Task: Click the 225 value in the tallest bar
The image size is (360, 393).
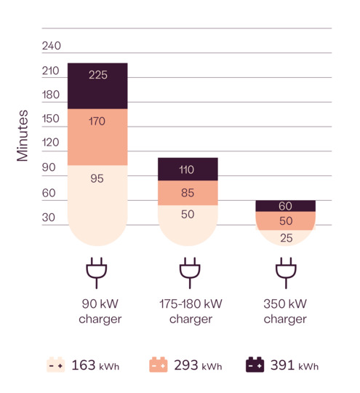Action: pyautogui.click(x=97, y=75)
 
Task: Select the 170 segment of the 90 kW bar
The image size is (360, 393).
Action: pyautogui.click(x=97, y=122)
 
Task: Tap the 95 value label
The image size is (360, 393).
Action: pyautogui.click(x=97, y=178)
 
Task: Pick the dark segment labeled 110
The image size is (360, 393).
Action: pyautogui.click(x=187, y=170)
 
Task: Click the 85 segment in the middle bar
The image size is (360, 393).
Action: pyautogui.click(x=187, y=194)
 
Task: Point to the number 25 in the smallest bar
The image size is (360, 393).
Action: pyautogui.click(x=285, y=238)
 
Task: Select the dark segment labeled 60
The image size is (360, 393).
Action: pyautogui.click(x=285, y=206)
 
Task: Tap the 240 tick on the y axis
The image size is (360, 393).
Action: pyautogui.click(x=52, y=46)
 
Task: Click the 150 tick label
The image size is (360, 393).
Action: pyautogui.click(x=52, y=119)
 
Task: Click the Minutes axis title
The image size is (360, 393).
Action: pyautogui.click(x=23, y=135)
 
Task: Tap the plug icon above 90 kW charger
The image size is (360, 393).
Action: pyautogui.click(x=97, y=272)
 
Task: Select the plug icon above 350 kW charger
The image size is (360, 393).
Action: pyautogui.click(x=285, y=272)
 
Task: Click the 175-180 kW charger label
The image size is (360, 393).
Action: pyautogui.click(x=191, y=311)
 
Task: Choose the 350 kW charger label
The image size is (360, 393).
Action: pyautogui.click(x=285, y=311)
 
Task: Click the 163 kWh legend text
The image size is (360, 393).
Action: pyautogui.click(x=95, y=365)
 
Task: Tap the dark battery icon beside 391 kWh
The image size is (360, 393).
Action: pyautogui.click(x=255, y=365)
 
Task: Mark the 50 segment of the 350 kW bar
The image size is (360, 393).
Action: pyautogui.click(x=285, y=221)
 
